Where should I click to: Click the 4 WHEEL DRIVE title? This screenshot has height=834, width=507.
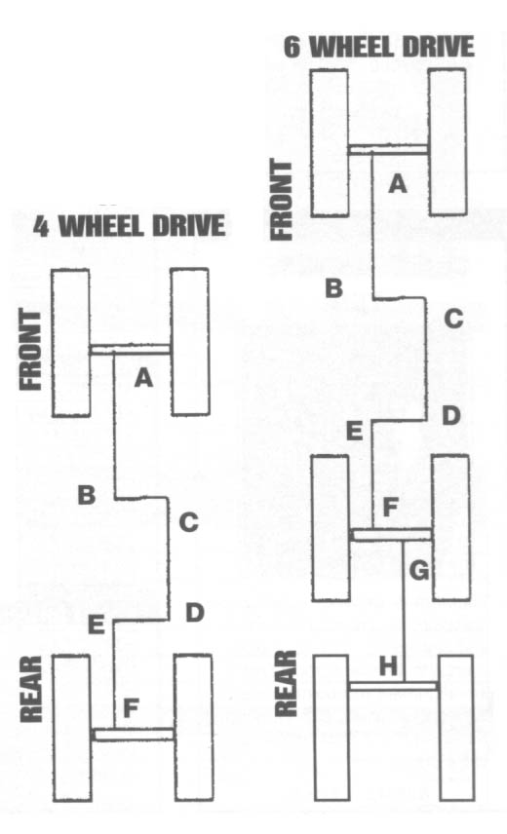130,225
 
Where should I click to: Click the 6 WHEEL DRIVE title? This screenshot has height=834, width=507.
378,46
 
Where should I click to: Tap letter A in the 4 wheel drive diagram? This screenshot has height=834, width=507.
143,378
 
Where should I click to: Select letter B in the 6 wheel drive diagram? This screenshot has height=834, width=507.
334,288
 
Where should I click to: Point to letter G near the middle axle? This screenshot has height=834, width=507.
419,571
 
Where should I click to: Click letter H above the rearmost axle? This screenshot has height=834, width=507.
388,666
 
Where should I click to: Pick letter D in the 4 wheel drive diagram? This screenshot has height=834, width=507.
195,613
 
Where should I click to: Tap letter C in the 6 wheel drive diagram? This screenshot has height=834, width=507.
453,318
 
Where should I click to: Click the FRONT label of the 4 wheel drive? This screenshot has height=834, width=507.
30,351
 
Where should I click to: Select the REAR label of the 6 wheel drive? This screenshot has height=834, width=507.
286,683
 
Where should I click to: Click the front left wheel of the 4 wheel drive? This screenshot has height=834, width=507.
71,343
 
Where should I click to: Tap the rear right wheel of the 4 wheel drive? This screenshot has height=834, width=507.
194,728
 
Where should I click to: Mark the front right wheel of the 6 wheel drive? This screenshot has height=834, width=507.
448,142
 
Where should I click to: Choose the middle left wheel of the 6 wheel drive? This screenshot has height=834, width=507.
331,528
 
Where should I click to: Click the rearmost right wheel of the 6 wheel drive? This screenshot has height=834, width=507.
456,728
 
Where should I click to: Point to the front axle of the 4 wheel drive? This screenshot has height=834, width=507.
130,350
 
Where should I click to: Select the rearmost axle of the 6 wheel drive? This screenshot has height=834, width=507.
393,686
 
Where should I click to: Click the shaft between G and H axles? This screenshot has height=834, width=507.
403,611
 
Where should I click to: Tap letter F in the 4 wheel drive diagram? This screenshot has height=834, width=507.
131,708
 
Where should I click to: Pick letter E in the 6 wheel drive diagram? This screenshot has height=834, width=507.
354,431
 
